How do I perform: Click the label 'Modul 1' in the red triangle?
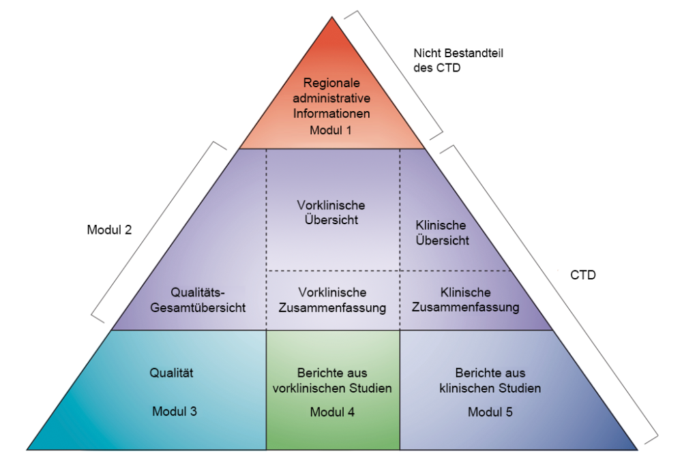tap(331, 129)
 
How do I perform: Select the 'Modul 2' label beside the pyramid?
tap(108, 230)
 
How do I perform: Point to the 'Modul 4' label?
tap(331, 412)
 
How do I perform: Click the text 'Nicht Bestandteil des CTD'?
tap(458, 61)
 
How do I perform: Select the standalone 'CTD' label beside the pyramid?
tap(583, 275)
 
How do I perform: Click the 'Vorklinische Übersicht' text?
tap(331, 213)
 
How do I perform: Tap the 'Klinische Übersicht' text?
tap(441, 232)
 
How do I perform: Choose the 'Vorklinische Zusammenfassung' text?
tap(332, 300)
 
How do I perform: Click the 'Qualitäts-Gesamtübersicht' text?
tap(199, 300)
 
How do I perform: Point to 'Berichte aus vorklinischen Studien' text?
tap(332, 381)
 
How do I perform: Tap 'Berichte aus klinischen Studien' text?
tap(499, 381)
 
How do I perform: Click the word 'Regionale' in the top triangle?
tap(331, 83)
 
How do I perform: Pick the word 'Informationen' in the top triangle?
tap(331, 113)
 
